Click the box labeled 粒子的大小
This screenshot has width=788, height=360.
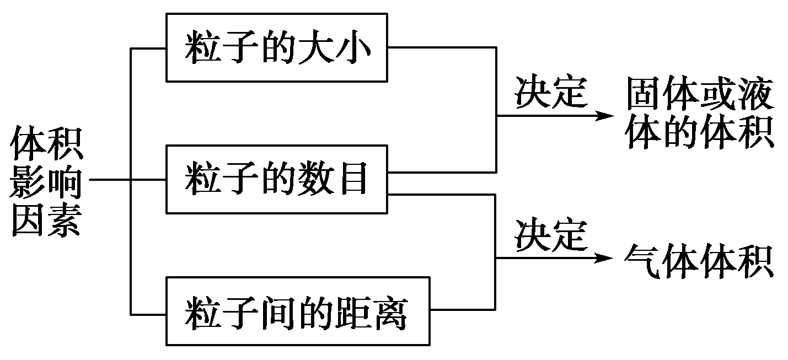click(x=277, y=48)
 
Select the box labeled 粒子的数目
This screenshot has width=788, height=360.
click(x=277, y=180)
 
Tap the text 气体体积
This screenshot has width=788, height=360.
click(x=699, y=261)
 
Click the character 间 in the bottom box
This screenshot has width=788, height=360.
click(x=278, y=313)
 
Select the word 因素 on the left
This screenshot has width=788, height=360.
click(x=46, y=221)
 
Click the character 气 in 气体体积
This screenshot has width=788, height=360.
click(x=643, y=261)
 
